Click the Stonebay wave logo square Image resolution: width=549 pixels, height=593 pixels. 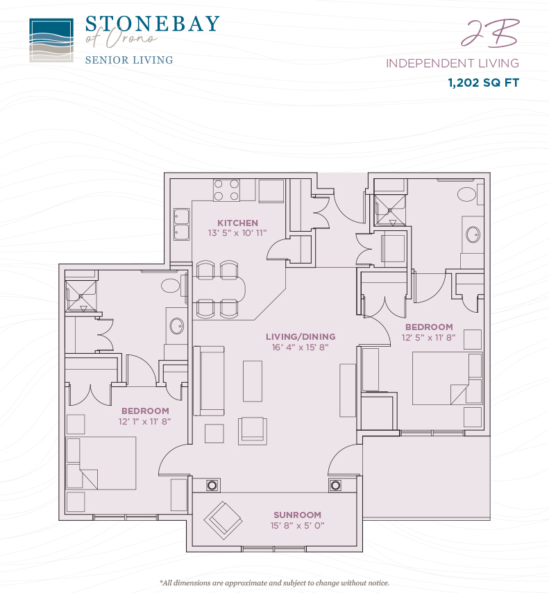tap(51, 40)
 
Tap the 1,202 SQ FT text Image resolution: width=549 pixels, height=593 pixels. tap(483, 83)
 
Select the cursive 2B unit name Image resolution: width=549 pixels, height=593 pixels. tap(490, 33)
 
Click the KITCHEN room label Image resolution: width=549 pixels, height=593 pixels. tap(237, 223)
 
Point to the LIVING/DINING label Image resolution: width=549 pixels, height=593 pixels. tap(301, 336)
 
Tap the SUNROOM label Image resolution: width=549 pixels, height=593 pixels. tap(297, 515)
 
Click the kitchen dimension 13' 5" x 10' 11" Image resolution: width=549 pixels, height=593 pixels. tap(237, 233)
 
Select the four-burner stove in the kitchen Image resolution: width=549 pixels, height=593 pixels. tap(226, 190)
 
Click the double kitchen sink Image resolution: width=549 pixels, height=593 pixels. tap(182, 224)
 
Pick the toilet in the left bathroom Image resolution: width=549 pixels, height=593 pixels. tap(170, 286)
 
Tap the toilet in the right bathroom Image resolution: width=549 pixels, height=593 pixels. tap(467, 195)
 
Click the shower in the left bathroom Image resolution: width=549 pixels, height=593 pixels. tap(81, 296)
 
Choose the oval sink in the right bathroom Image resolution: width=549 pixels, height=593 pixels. tap(473, 234)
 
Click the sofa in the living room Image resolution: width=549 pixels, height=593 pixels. tap(209, 381)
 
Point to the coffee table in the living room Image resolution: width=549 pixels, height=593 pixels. tap(253, 381)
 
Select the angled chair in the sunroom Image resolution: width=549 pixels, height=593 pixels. tap(223, 520)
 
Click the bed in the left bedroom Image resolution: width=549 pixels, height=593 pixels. tap(101, 463)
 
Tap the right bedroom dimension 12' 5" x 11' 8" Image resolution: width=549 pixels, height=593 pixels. tap(429, 337)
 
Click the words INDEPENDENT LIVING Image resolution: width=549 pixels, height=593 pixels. tap(453, 63)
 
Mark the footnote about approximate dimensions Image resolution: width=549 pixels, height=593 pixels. tap(274, 583)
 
